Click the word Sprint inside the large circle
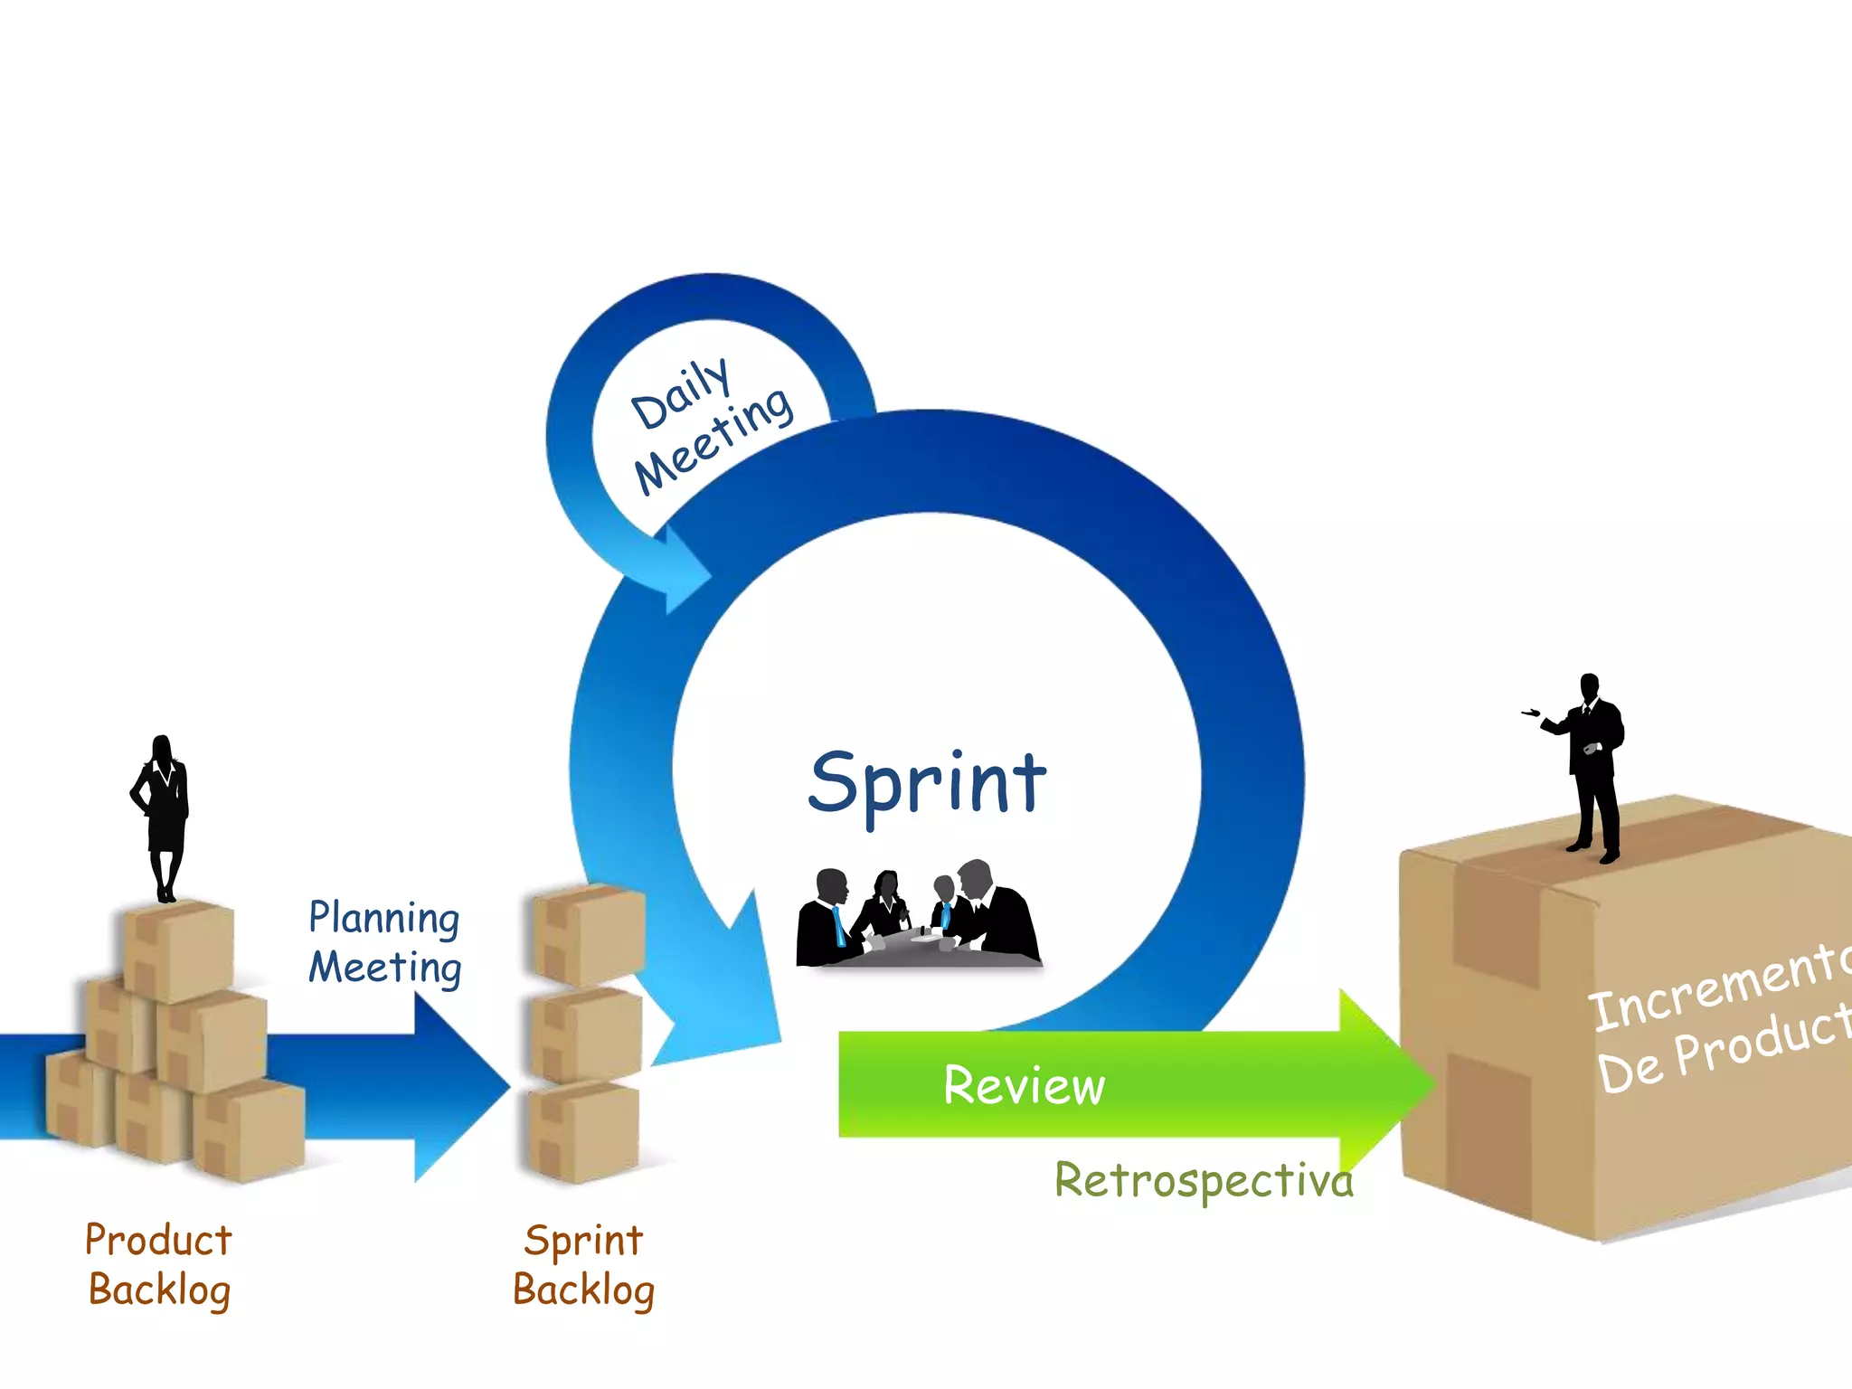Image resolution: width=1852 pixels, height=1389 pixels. click(927, 783)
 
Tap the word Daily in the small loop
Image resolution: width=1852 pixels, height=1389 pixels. click(680, 394)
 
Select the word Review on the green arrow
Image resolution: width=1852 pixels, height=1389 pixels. click(1024, 1085)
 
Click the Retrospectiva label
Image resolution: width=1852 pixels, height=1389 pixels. click(1204, 1180)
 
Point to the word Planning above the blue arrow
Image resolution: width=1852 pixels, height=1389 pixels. click(383, 918)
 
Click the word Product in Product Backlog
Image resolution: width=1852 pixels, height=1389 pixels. click(158, 1240)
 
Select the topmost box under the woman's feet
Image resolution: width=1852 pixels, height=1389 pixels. click(178, 950)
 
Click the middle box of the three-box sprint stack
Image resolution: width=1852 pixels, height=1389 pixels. click(586, 1035)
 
